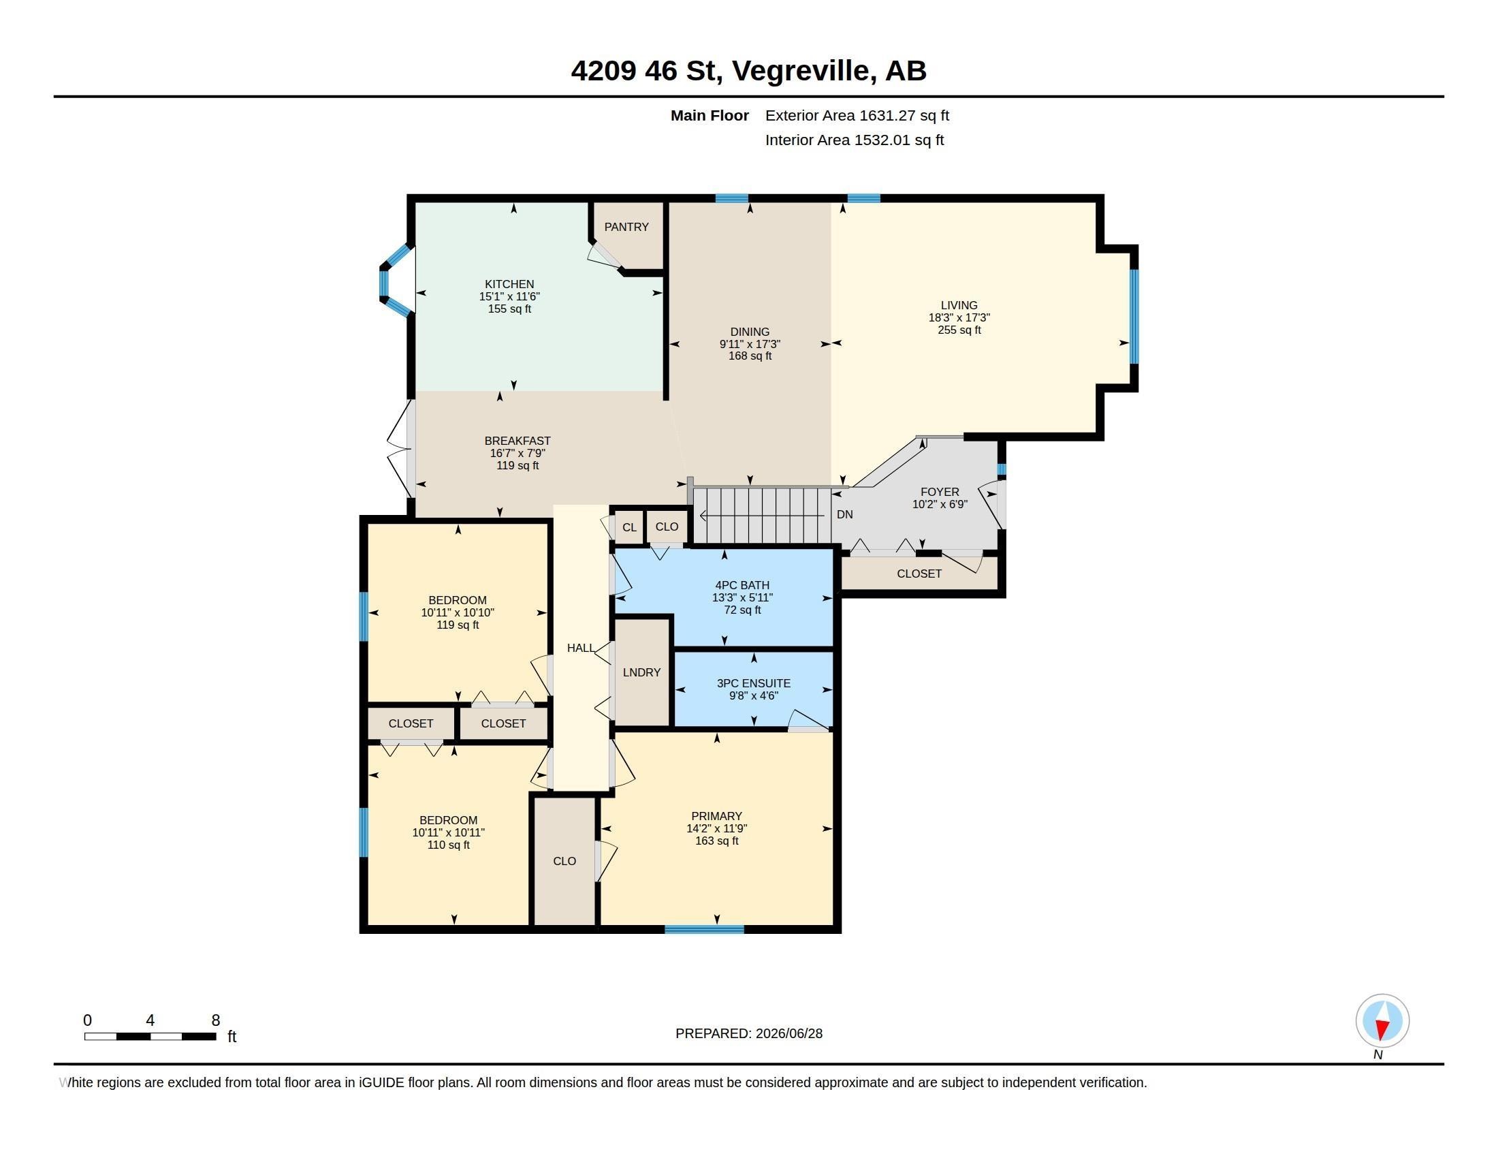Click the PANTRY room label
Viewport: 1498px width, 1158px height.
click(x=626, y=227)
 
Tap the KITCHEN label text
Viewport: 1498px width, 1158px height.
click(x=509, y=284)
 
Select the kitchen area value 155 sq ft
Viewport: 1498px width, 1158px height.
click(x=509, y=309)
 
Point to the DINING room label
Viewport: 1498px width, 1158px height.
click(x=750, y=332)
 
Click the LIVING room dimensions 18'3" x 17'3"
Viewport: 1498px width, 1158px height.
click(x=959, y=317)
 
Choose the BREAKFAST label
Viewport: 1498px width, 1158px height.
click(x=517, y=441)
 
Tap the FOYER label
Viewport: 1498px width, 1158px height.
click(x=940, y=492)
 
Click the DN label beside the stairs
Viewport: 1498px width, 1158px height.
click(x=844, y=514)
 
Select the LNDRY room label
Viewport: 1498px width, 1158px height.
click(x=641, y=672)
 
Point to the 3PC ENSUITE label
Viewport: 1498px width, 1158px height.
click(x=753, y=683)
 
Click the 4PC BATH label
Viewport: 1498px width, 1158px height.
click(x=742, y=585)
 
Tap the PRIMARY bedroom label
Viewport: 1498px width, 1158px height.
click(x=716, y=816)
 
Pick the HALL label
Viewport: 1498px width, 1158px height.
click(x=581, y=648)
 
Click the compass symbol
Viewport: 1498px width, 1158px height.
click(x=1382, y=1021)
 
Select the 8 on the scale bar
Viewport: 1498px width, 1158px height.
click(x=215, y=1020)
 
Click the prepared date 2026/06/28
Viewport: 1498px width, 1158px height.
click(x=788, y=1033)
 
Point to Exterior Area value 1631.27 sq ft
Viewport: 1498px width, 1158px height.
click(x=904, y=116)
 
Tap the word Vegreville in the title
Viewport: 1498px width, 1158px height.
click(x=804, y=71)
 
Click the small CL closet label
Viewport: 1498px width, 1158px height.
click(x=629, y=527)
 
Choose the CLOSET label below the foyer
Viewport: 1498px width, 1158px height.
click(x=919, y=574)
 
